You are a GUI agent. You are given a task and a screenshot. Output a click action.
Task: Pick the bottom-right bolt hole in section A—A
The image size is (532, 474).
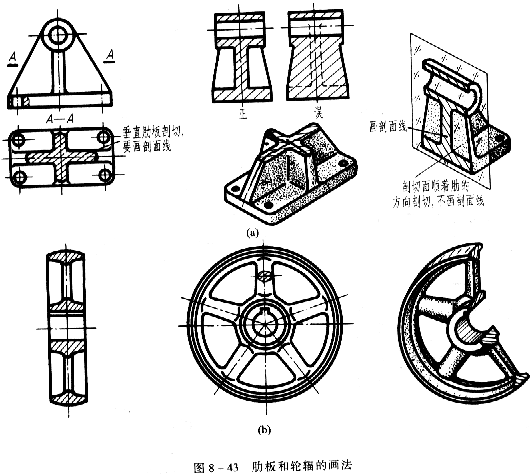(104, 177)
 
